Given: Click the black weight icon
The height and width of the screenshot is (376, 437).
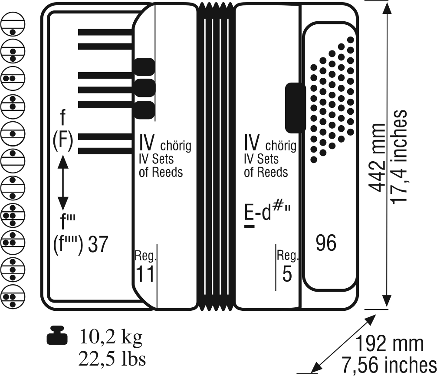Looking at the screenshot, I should [x=56, y=336].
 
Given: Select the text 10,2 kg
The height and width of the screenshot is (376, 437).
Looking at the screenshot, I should [x=111, y=336].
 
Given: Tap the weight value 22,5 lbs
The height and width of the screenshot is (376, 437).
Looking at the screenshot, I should [x=112, y=359].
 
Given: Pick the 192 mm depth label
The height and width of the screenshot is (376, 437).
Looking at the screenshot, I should [x=389, y=344].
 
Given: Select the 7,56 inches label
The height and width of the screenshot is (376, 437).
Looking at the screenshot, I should [x=389, y=363].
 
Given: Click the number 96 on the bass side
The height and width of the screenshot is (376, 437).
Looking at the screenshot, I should [x=326, y=243].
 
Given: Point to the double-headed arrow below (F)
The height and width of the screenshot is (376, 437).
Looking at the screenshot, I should [x=63, y=183].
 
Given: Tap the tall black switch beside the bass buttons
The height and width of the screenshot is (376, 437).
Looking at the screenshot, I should [x=295, y=107].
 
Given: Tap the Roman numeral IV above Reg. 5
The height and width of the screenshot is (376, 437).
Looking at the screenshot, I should [x=252, y=142].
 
